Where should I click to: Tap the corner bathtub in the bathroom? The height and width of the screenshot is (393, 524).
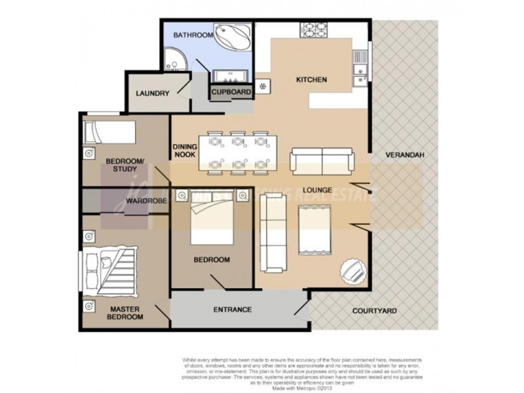[233, 37]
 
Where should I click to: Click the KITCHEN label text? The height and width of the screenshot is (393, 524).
[312, 81]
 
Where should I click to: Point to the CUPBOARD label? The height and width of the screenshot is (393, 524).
[231, 93]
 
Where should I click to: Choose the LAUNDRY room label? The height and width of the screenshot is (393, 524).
[153, 94]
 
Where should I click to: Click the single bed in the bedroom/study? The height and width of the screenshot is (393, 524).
[109, 132]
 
